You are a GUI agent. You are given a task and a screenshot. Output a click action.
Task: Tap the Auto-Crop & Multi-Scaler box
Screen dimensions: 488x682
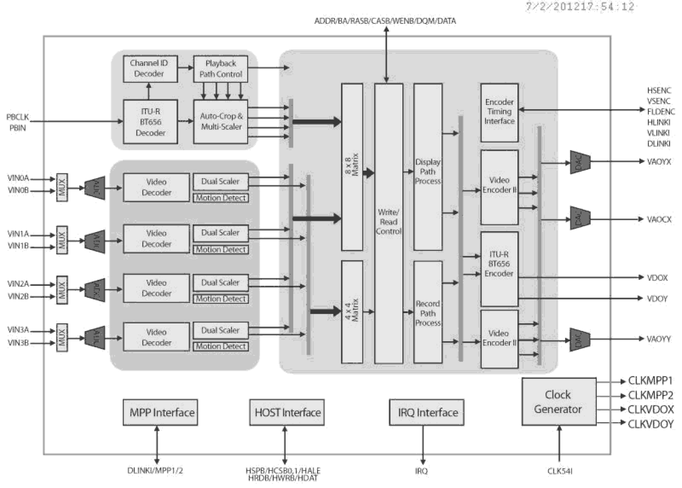pyautogui.click(x=220, y=121)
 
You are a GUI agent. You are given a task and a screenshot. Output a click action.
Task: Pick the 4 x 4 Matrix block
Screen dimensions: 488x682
pyautogui.click(x=351, y=311)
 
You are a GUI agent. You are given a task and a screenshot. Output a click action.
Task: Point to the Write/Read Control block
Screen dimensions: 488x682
pyautogui.click(x=389, y=223)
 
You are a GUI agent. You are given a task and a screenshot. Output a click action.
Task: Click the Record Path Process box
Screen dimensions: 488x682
pyautogui.click(x=428, y=312)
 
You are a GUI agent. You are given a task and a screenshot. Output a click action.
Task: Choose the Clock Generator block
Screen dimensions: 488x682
pyautogui.click(x=558, y=402)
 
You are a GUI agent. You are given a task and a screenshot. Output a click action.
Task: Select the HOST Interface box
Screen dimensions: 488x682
pyautogui.click(x=287, y=412)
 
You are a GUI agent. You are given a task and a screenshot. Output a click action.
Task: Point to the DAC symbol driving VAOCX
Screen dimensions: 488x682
pyautogui.click(x=579, y=220)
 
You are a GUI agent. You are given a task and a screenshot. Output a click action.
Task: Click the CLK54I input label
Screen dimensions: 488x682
pyautogui.click(x=559, y=471)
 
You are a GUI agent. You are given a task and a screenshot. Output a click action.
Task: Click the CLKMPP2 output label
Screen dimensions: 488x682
pyautogui.click(x=651, y=395)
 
